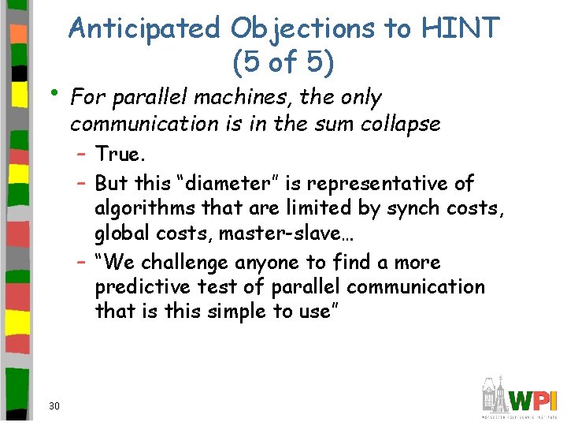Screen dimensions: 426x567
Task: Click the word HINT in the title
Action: coord(461,28)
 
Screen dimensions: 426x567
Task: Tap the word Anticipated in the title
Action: coord(145,28)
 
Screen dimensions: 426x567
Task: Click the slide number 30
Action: coord(54,406)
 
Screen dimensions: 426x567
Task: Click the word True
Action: coord(117,154)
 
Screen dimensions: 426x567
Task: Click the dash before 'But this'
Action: coord(82,183)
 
